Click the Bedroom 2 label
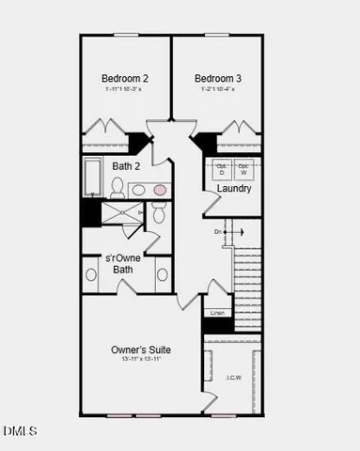point(125,78)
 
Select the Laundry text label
point(234,189)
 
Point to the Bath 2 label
point(127,166)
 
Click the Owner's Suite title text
point(141,350)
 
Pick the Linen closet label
point(218,312)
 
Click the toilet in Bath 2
point(118,186)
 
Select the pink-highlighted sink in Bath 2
point(160,190)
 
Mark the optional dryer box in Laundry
point(222,170)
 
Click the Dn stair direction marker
point(218,231)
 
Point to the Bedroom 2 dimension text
point(125,89)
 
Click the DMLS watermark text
point(21,431)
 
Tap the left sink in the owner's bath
point(91,275)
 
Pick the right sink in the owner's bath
point(163,275)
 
